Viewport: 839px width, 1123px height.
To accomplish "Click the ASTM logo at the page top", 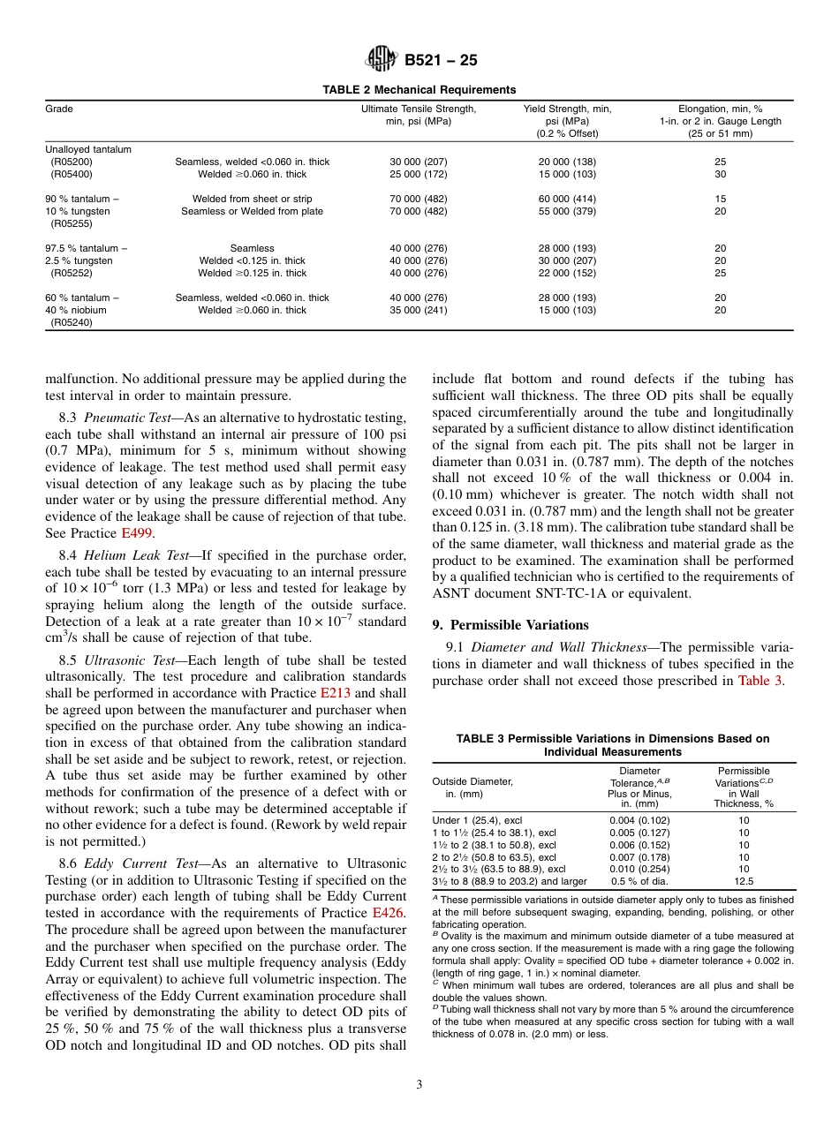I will pyautogui.click(x=382, y=61).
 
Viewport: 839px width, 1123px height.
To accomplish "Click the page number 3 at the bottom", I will pyautogui.click(x=419, y=1083).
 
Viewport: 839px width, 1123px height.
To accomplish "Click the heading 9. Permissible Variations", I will pyautogui.click(x=510, y=624).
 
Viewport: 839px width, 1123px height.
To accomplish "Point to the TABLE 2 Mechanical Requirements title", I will pyautogui.click(x=419, y=89).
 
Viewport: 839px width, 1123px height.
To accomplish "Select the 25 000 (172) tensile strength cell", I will pyautogui.click(x=419, y=175).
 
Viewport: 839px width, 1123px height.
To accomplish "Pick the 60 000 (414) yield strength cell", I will pyautogui.click(x=567, y=199).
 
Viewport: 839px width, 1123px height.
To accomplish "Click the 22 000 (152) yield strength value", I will pyautogui.click(x=567, y=273).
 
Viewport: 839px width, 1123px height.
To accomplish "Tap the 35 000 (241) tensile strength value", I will pyautogui.click(x=419, y=310).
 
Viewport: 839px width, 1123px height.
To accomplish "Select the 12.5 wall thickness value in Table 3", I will pyautogui.click(x=744, y=881).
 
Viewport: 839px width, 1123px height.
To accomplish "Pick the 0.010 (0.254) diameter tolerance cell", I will pyautogui.click(x=639, y=869).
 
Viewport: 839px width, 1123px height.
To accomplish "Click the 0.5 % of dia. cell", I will pyautogui.click(x=639, y=881).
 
